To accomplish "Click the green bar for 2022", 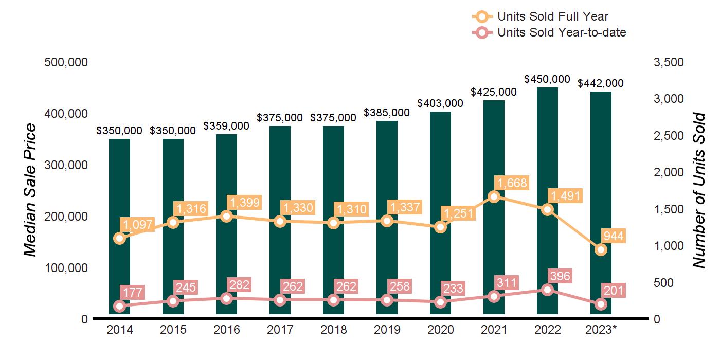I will point(547,154).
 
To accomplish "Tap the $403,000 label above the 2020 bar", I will point(440,103).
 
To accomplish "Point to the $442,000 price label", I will point(601,83).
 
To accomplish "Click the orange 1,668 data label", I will point(512,183).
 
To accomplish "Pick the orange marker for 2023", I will point(601,250).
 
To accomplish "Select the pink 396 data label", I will point(560,276).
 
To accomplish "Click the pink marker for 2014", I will point(119,306).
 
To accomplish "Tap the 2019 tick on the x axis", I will point(387,330).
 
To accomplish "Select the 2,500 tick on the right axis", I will point(668,136).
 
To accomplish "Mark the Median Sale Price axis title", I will point(31,190).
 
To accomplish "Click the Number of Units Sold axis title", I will point(698,190).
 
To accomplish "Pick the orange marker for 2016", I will point(226,216).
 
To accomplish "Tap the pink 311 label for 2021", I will point(507,282).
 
